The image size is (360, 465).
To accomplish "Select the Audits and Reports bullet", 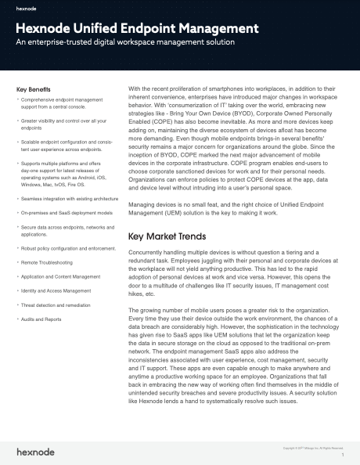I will click(x=45, y=320).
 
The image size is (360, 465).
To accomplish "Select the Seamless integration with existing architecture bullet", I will click(x=68, y=200).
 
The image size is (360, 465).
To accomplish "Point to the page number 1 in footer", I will click(x=343, y=454).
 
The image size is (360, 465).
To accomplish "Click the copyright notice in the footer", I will click(x=312, y=447).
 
